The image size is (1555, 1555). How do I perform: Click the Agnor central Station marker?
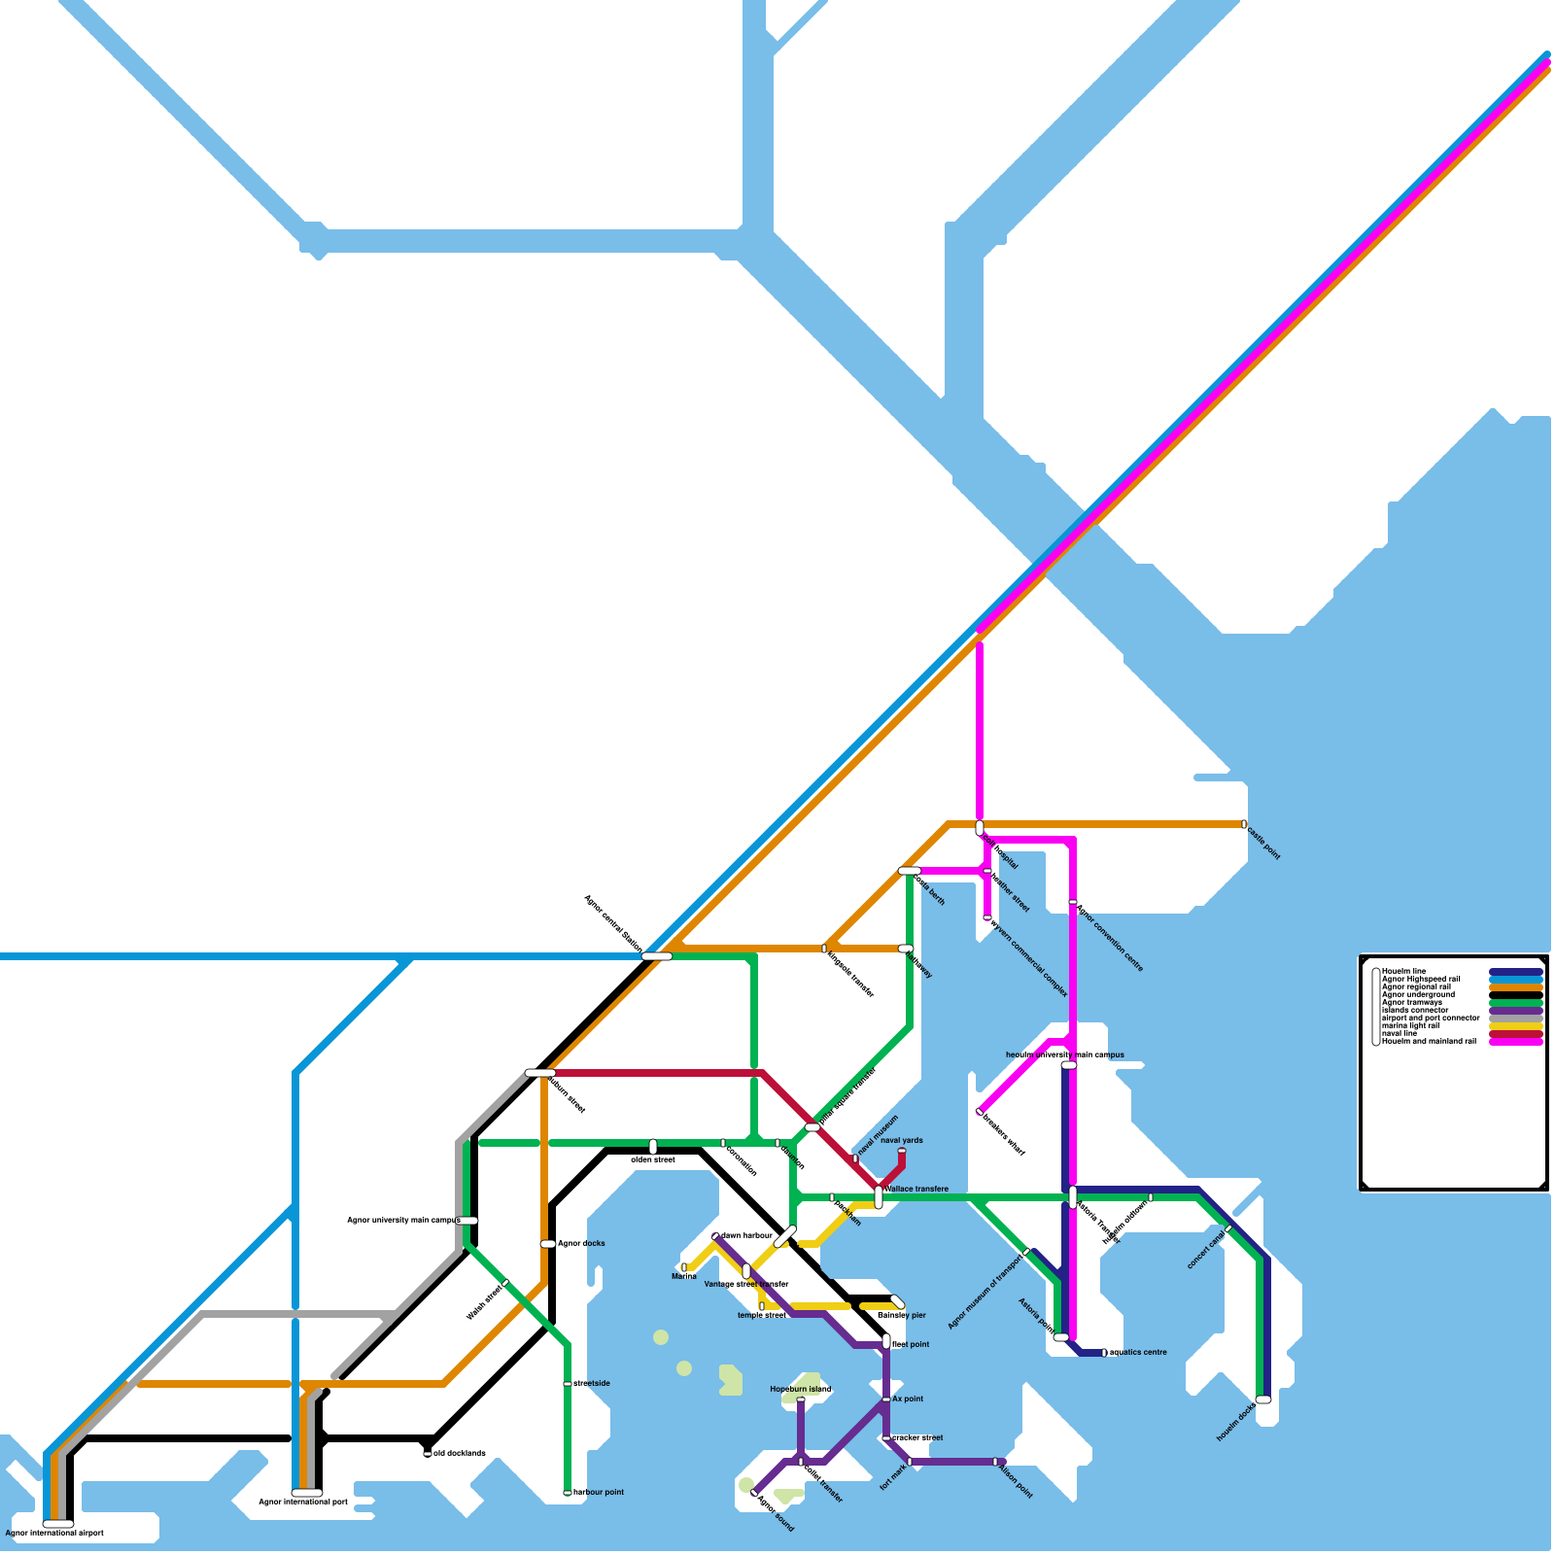657,956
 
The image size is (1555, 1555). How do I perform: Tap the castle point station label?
1263,842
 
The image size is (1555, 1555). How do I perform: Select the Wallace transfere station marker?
879,1197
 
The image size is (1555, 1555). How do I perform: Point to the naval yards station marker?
902,1152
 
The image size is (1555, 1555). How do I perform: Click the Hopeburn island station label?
800,1389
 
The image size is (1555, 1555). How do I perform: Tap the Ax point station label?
908,1399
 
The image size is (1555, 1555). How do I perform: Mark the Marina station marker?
684,1267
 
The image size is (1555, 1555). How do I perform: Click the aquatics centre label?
1138,1352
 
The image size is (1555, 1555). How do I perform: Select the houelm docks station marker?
1263,1399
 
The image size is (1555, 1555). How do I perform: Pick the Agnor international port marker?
307,1493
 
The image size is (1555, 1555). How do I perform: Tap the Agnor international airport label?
54,1533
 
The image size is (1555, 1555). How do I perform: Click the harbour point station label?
599,1492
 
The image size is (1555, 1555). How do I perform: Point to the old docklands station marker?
428,1454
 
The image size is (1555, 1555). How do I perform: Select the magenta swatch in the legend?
1515,1042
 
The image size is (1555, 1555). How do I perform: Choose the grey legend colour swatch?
1515,1019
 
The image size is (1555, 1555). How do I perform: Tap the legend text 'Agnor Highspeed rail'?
1420,979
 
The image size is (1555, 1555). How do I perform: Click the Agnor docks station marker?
548,1244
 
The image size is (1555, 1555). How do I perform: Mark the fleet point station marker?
886,1342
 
